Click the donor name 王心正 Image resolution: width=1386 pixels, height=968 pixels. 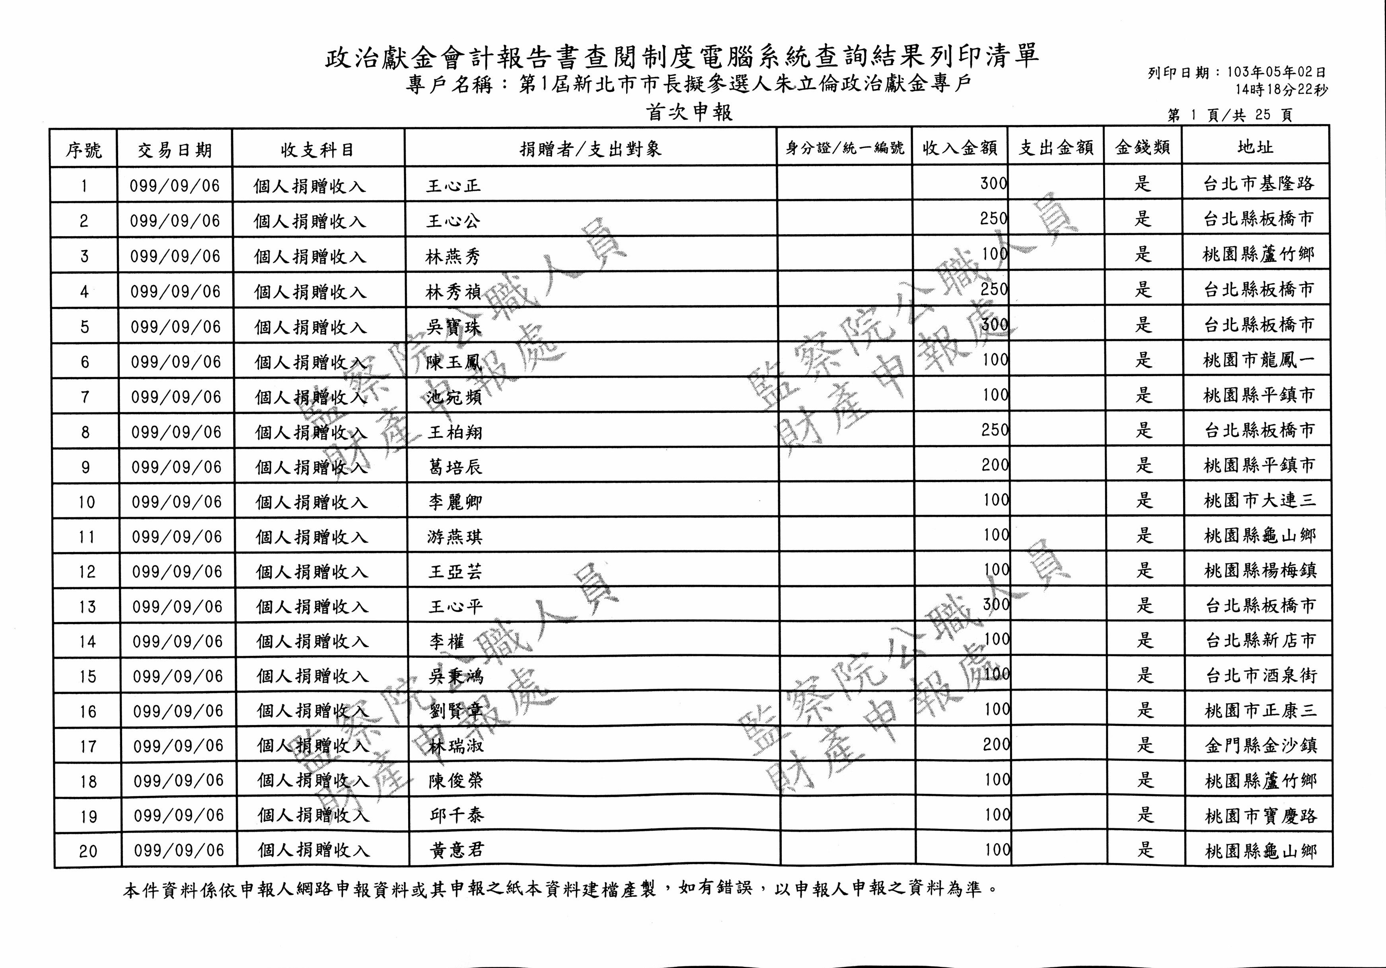tap(454, 185)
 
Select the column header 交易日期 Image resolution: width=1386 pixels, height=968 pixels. tap(175, 150)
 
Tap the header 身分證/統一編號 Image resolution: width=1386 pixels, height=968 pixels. tap(845, 148)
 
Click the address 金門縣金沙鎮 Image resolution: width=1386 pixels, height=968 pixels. tap(1260, 746)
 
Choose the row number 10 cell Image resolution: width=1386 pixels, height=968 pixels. tap(87, 501)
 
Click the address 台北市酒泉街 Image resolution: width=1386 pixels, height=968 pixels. tap(1260, 676)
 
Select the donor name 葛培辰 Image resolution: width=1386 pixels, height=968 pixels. tap(455, 467)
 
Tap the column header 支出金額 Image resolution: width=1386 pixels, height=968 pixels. tap(1056, 148)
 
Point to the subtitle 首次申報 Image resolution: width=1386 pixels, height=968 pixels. tap(689, 113)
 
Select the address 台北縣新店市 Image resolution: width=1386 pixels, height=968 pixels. tap(1260, 641)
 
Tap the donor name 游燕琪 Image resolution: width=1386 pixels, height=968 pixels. tap(455, 536)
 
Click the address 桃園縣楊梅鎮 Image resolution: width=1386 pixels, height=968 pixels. tap(1260, 571)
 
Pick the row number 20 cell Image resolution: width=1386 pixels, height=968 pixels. tap(88, 851)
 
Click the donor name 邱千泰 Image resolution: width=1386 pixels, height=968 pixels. tap(456, 815)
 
